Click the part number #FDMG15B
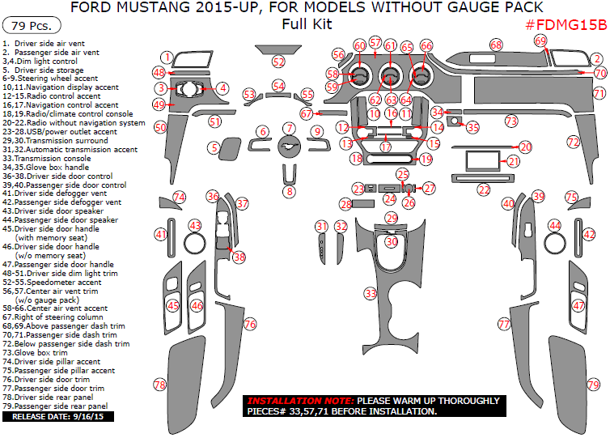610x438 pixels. click(x=566, y=25)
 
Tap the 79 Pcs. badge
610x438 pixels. click(x=32, y=25)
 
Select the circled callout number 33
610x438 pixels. click(x=371, y=293)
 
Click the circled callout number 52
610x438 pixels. click(x=278, y=62)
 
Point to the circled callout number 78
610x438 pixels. click(x=160, y=385)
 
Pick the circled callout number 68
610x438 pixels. click(x=496, y=45)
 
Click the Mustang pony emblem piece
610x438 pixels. click(x=289, y=147)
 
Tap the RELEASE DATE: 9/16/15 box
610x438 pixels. click(x=58, y=417)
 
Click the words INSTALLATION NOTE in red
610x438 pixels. click(x=300, y=401)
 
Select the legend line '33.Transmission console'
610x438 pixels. click(x=47, y=159)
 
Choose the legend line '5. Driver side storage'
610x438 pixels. click(x=43, y=70)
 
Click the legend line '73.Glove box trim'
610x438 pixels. click(x=35, y=353)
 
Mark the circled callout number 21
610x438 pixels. click(x=514, y=161)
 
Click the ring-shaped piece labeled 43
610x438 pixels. click(x=194, y=244)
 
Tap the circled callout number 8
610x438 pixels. click(x=290, y=192)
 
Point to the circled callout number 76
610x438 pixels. click(x=250, y=324)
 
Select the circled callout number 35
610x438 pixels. click(x=472, y=127)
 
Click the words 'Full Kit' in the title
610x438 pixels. click(x=307, y=24)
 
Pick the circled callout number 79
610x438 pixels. click(x=593, y=385)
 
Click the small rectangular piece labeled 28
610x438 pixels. click(x=363, y=204)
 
